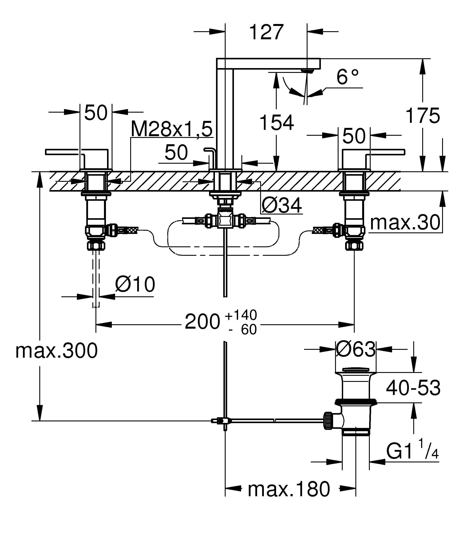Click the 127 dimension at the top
[266, 32]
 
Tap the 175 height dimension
[422, 116]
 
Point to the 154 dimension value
[276, 123]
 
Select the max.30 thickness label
[405, 222]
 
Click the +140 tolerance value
[241, 315]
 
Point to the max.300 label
[56, 351]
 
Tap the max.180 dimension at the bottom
[289, 489]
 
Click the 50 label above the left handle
[96, 113]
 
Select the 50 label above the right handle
[354, 136]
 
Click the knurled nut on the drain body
[328, 421]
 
